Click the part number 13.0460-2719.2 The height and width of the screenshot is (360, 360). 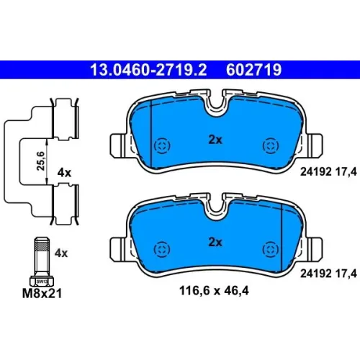[148, 70]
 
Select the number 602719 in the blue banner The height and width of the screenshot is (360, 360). [253, 70]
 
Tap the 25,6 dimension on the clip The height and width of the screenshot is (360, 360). [40, 161]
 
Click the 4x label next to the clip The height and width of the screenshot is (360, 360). [64, 173]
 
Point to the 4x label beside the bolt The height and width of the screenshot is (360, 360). [61, 253]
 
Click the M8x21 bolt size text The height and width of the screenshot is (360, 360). [42, 293]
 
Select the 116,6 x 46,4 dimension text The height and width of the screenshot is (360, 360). [214, 291]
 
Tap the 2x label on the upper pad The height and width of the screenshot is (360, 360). [215, 140]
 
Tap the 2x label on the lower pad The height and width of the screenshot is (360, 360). [215, 242]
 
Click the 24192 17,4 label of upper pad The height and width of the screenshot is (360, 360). [328, 172]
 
